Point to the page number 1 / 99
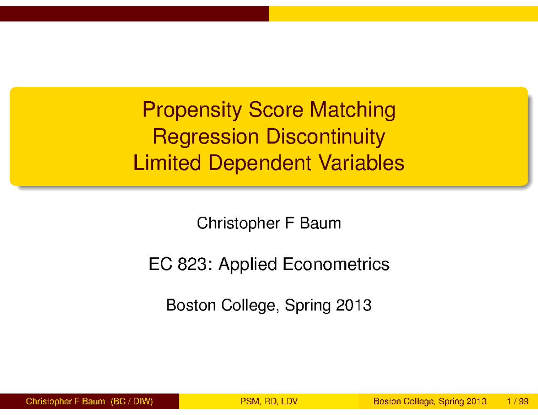[516, 402]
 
